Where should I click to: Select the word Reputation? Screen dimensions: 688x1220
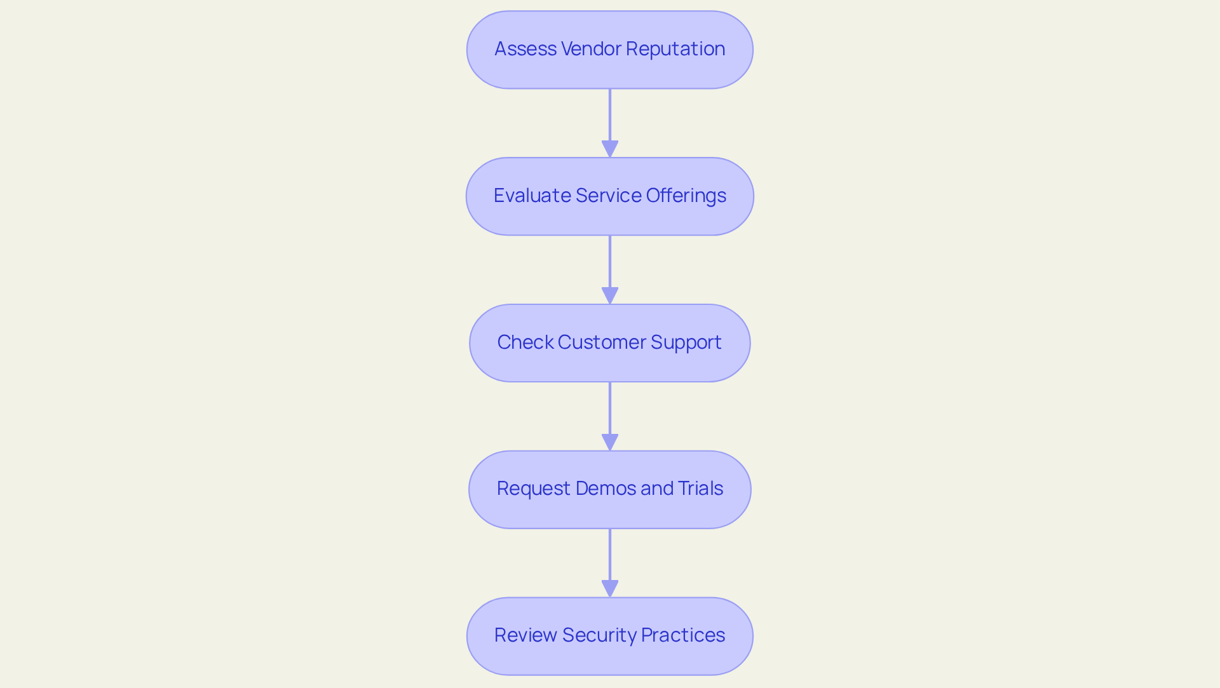(675, 49)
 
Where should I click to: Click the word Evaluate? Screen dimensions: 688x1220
(532, 196)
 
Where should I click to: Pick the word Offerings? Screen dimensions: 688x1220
(686, 196)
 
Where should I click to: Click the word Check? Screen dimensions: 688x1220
(525, 342)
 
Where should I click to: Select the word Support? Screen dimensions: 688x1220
(686, 342)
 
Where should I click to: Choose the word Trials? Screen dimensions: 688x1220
(700, 489)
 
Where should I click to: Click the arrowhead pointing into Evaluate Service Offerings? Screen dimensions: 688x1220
(610, 149)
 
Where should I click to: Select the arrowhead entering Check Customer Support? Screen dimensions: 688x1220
(610, 296)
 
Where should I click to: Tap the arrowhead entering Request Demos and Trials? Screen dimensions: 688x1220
(610, 443)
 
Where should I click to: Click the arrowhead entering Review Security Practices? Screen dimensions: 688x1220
(610, 589)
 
